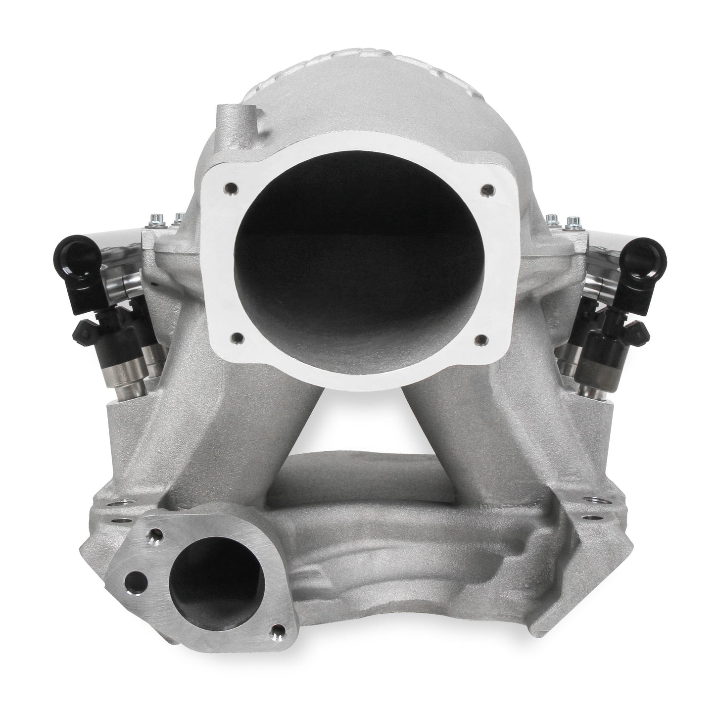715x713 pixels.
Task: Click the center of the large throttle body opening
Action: tap(357, 257)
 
